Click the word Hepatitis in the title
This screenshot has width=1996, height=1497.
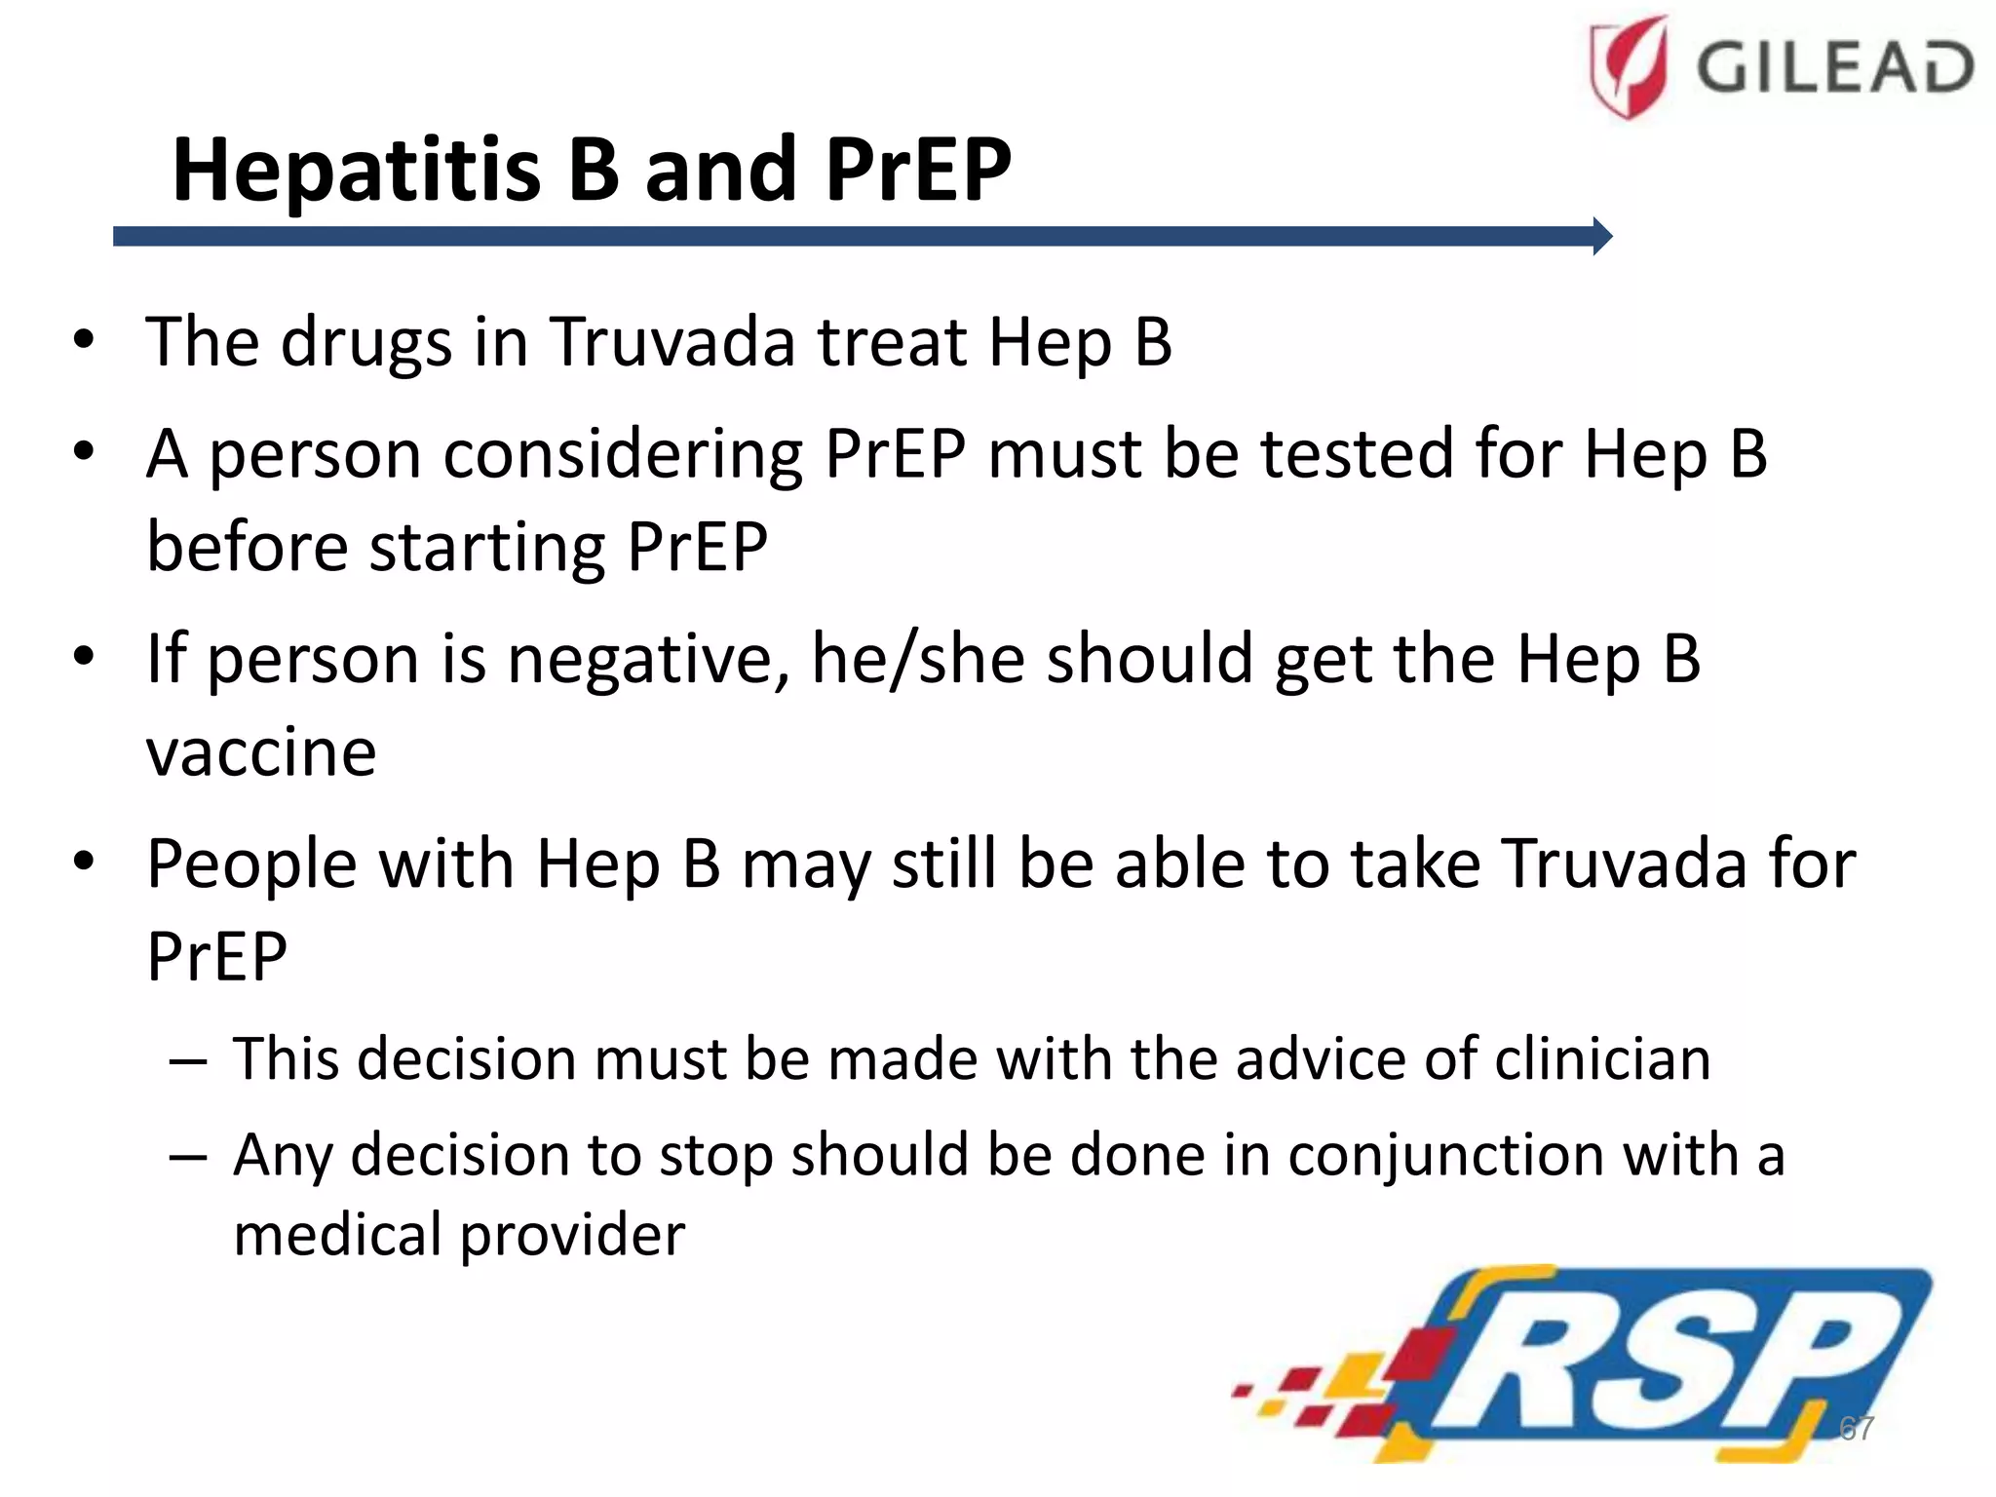tap(356, 171)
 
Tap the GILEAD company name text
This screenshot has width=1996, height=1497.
tap(1835, 68)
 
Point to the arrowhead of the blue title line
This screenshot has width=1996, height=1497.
tap(1602, 236)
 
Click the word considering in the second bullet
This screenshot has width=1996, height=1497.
tap(623, 455)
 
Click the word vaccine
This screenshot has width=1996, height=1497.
tap(261, 752)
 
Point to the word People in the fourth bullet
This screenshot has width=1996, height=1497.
tap(251, 865)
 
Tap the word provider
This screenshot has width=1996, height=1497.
tap(572, 1236)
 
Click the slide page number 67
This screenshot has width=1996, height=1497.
tap(1856, 1428)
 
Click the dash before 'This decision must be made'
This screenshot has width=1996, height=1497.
tap(187, 1060)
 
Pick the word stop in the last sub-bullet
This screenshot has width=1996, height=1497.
tap(714, 1156)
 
